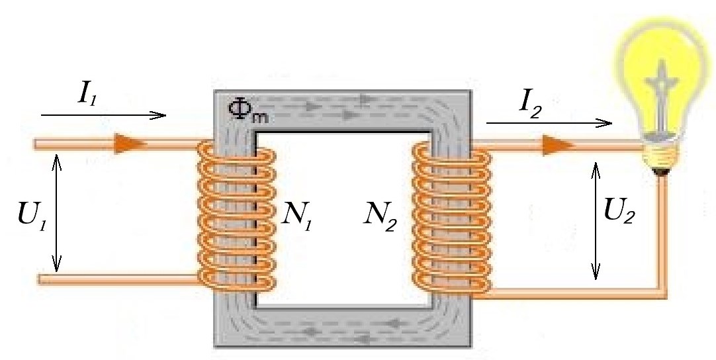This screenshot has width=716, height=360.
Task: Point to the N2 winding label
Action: [382, 213]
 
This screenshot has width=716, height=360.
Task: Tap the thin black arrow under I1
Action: [103, 115]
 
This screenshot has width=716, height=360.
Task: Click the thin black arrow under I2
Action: [549, 123]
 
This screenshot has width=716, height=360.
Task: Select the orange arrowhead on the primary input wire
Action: [126, 143]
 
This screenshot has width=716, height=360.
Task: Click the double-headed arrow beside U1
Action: [58, 212]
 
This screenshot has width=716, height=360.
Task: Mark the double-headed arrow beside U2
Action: [596, 220]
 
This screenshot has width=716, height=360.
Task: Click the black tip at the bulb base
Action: [661, 171]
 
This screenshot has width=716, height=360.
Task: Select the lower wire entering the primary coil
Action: [119, 280]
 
